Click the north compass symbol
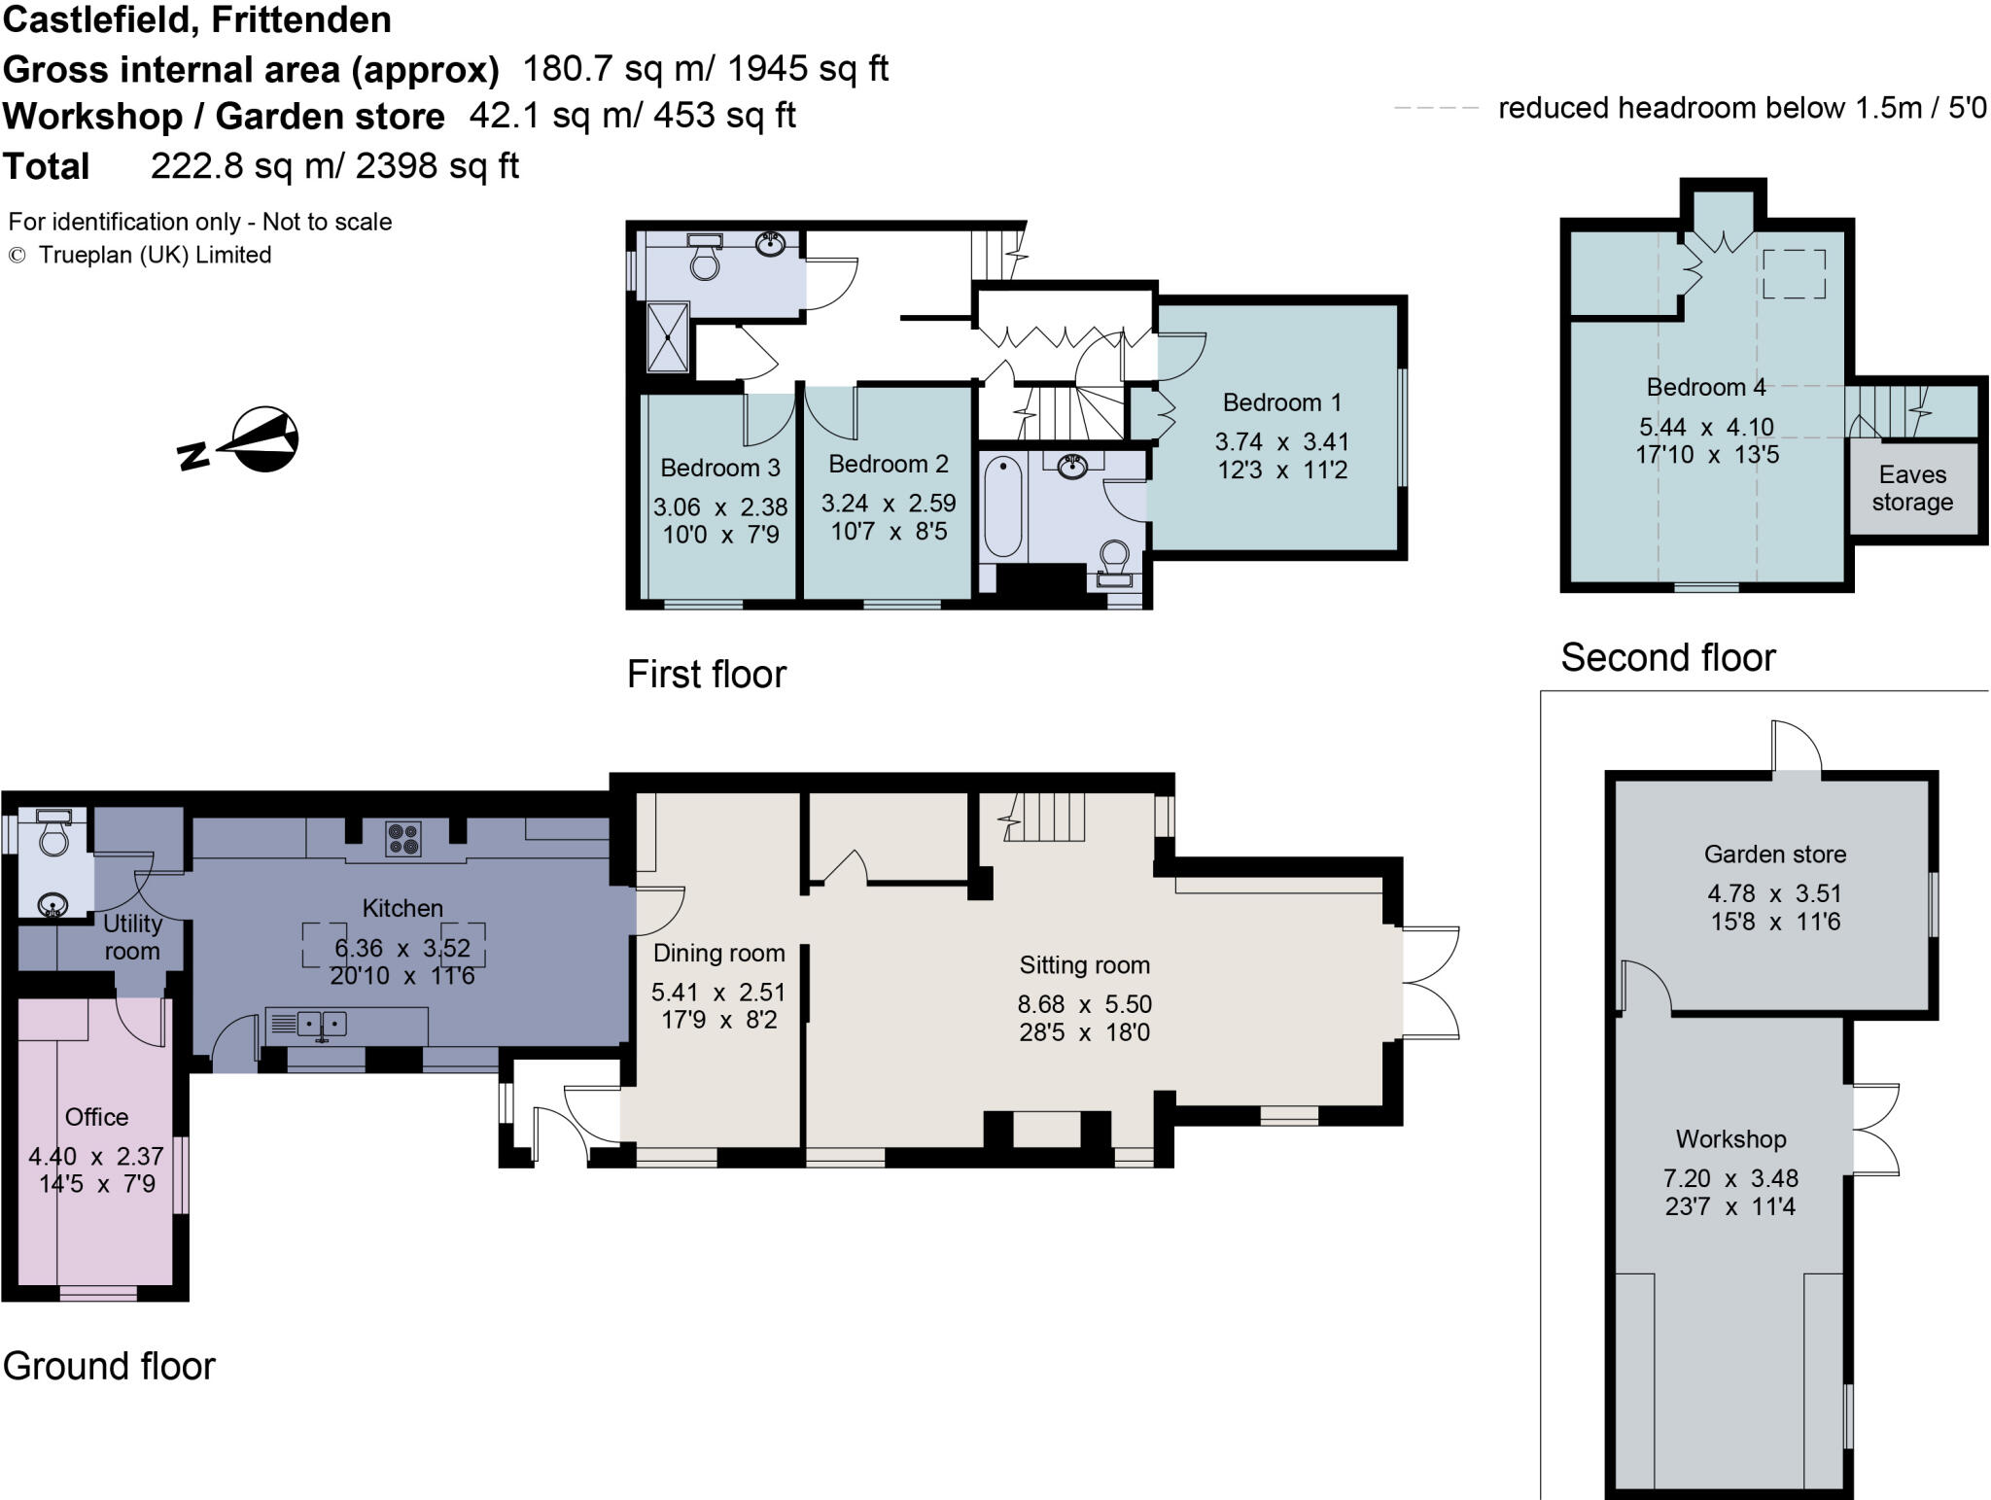click(x=258, y=440)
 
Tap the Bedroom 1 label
click(x=1281, y=402)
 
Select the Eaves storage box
click(x=1912, y=488)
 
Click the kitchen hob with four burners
click(x=402, y=838)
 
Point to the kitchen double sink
click(x=321, y=1024)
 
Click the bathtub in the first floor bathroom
click(x=1002, y=508)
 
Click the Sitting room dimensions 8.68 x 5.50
click(x=1084, y=1004)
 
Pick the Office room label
click(x=96, y=1117)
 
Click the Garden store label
click(x=1774, y=855)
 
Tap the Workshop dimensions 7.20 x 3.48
click(x=1730, y=1179)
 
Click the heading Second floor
click(x=1667, y=658)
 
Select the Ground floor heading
click(x=109, y=1366)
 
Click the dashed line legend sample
click(x=1436, y=108)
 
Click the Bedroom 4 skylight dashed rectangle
click(x=1794, y=273)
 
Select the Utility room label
click(x=131, y=937)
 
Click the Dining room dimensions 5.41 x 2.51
click(x=717, y=993)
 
